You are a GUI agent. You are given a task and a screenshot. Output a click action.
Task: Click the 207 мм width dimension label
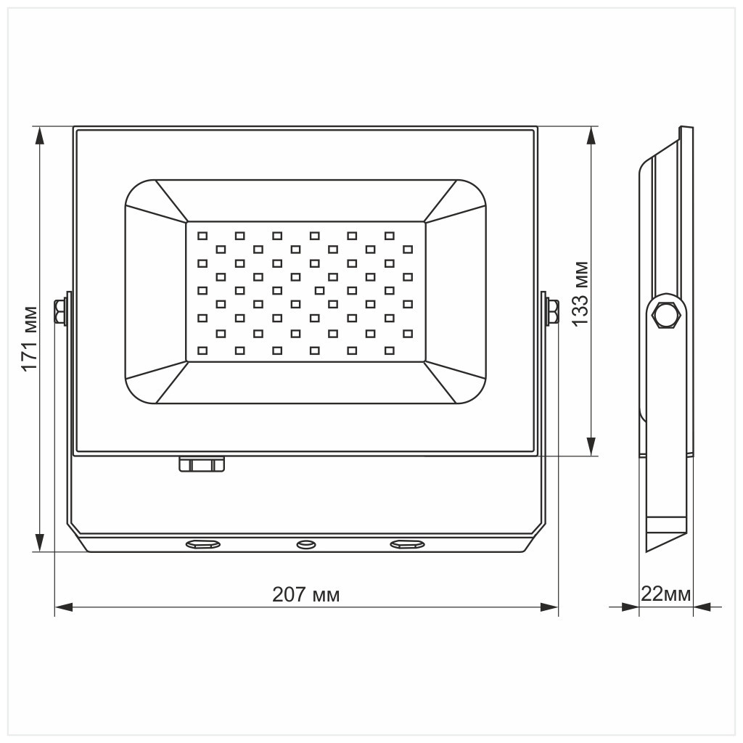pos(305,595)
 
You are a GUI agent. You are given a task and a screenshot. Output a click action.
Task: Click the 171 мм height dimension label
pos(29,338)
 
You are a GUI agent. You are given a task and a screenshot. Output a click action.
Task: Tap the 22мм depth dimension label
pos(665,594)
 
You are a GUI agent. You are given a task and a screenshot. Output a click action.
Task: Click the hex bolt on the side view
pos(666,314)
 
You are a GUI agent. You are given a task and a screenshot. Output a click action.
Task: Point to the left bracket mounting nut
pos(59,313)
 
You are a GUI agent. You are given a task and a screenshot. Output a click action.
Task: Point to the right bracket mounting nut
pos(552,313)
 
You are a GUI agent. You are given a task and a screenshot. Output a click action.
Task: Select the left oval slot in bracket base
pos(204,543)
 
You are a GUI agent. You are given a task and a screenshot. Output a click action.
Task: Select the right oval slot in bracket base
pos(407,543)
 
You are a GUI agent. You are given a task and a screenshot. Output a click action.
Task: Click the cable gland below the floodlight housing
pos(202,464)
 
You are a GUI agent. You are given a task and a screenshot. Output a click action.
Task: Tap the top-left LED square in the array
pos(202,235)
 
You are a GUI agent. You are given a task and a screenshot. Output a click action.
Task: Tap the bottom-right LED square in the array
pos(390,350)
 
